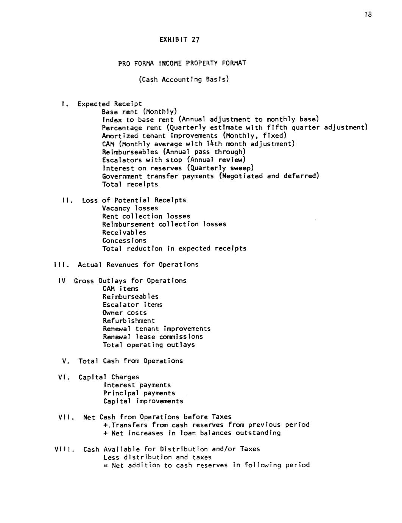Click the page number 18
368,14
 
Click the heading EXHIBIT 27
179,39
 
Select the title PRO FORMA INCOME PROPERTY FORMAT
182,63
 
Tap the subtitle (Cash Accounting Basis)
184,80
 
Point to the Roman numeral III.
61,265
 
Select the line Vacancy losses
130,208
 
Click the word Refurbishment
129,321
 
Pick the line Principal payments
139,393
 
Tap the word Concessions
124,240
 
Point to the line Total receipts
130,185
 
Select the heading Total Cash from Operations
131,361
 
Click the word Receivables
124,232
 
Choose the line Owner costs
125,313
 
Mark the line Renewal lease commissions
153,337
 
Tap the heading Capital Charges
109,377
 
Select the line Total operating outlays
149,345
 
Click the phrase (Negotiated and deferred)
269,176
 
